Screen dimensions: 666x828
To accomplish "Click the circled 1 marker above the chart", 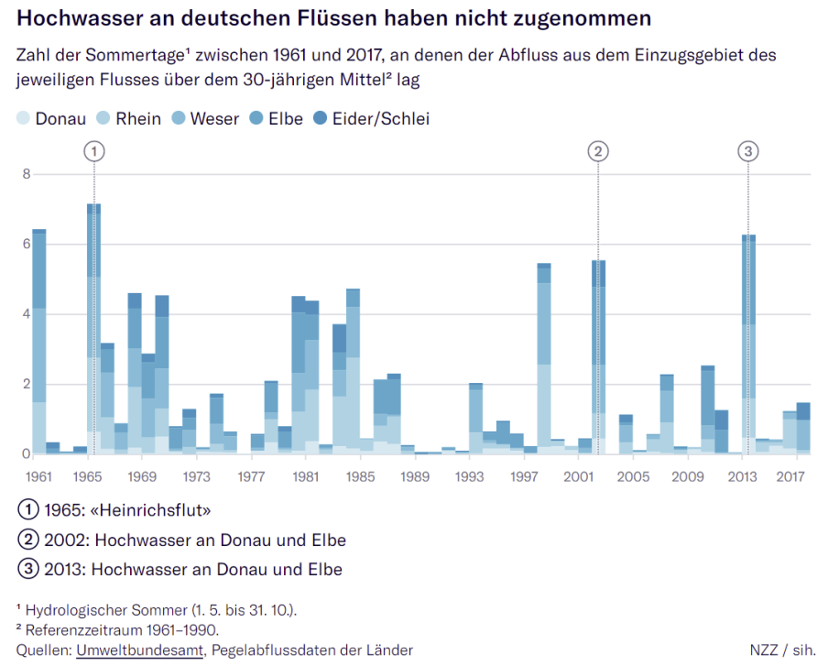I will (x=93, y=151).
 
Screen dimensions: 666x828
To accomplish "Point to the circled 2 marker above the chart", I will (x=598, y=151).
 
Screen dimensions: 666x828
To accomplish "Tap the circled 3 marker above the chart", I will (x=748, y=151).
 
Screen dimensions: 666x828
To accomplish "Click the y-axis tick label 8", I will (x=26, y=174).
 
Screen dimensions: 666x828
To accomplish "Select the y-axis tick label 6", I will (x=26, y=244).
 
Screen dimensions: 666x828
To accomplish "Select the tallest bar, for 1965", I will (x=93, y=330).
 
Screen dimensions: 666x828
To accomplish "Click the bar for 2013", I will (x=749, y=348).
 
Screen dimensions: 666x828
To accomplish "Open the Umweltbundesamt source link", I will (x=140, y=650).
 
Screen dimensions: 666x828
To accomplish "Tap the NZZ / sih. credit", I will (x=782, y=650).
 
